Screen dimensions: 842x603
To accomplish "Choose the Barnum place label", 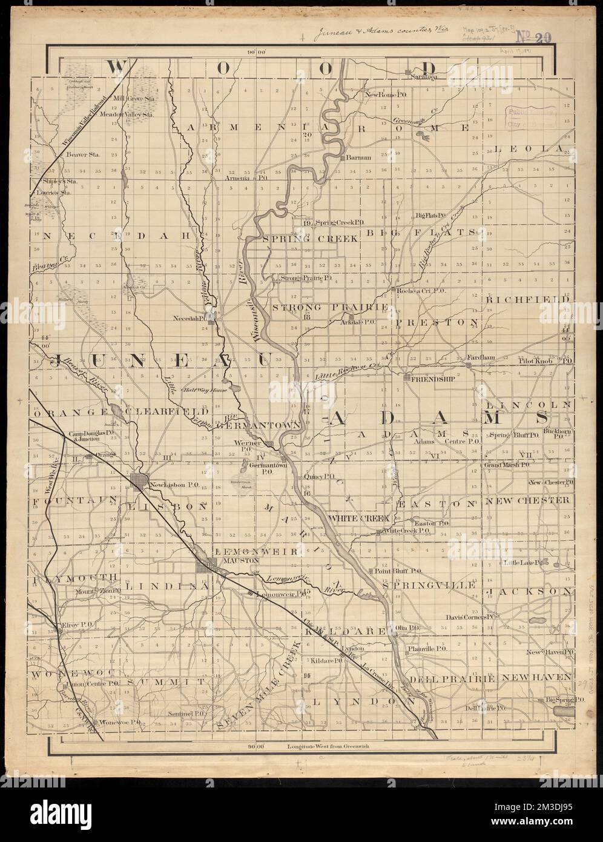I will pyautogui.click(x=359, y=158).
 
